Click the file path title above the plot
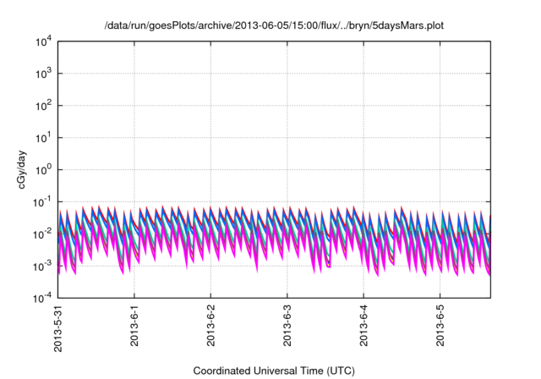pos(274,26)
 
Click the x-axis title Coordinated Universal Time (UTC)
pos(274,371)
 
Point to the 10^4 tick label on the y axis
pos(43,41)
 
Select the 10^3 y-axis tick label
pos(43,74)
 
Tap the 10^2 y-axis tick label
pos(43,106)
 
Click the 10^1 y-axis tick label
pos(43,138)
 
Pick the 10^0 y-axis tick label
pos(43,170)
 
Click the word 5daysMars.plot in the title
pos(411,26)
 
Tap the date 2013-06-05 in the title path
pos(227,26)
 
